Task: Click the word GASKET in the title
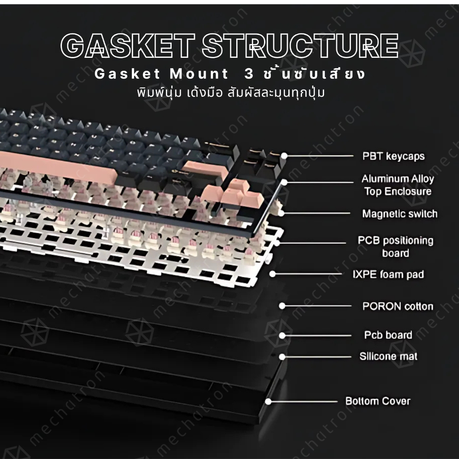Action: coord(127,46)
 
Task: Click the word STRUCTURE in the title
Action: coord(300,46)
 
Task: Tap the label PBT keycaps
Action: coord(394,156)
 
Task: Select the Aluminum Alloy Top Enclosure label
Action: coord(398,185)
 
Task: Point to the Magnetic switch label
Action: coord(399,214)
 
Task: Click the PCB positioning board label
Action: coord(395,247)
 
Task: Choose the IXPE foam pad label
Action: coord(388,274)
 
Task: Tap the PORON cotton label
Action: coord(398,306)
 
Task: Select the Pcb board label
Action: coord(388,335)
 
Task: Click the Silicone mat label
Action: coord(389,356)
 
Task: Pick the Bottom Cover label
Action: coord(378,401)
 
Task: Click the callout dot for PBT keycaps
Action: coord(284,156)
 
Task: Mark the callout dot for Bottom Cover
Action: coord(268,401)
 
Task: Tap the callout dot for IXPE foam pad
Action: coord(273,274)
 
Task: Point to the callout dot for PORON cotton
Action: coord(282,306)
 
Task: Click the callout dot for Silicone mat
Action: coord(282,357)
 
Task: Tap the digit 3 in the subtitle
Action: coord(249,74)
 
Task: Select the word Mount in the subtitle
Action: coord(199,74)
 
